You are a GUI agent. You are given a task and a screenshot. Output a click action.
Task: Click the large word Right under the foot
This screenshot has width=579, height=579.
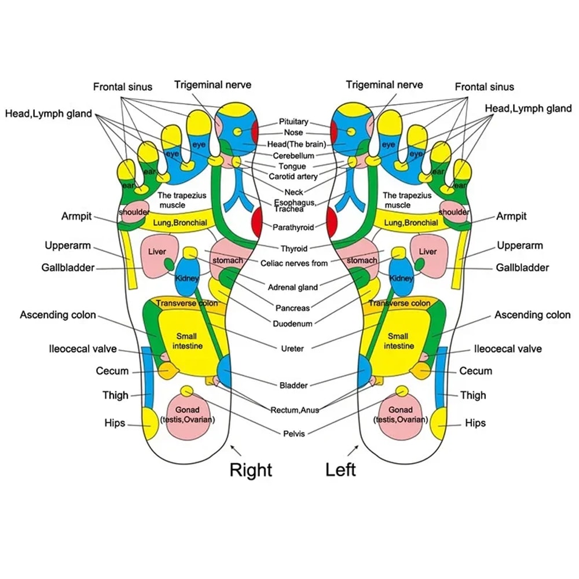251,469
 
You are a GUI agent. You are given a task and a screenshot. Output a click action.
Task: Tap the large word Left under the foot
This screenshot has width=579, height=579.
340,469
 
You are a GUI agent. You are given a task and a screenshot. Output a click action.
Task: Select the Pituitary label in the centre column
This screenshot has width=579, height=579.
294,122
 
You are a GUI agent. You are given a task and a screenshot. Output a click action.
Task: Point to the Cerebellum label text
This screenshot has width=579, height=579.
294,156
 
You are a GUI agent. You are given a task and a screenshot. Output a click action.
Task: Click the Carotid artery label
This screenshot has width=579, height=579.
293,177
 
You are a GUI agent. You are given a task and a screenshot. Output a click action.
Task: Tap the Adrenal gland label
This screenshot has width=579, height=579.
293,287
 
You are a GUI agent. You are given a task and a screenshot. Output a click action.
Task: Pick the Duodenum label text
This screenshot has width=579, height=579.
294,324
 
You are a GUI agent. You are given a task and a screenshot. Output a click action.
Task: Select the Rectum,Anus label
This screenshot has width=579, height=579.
294,410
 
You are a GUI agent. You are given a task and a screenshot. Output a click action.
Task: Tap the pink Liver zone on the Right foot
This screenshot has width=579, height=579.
157,252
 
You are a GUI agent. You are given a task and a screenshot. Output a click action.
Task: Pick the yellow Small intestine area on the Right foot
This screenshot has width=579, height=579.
186,342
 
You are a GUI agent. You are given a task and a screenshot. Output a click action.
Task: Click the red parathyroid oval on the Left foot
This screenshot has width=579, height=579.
332,222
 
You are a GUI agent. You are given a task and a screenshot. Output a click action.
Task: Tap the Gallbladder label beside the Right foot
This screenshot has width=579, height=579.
68,267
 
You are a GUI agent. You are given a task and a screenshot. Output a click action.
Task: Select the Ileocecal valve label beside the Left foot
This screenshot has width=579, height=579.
508,349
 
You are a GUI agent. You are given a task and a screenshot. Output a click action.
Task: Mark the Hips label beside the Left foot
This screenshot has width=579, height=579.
475,423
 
